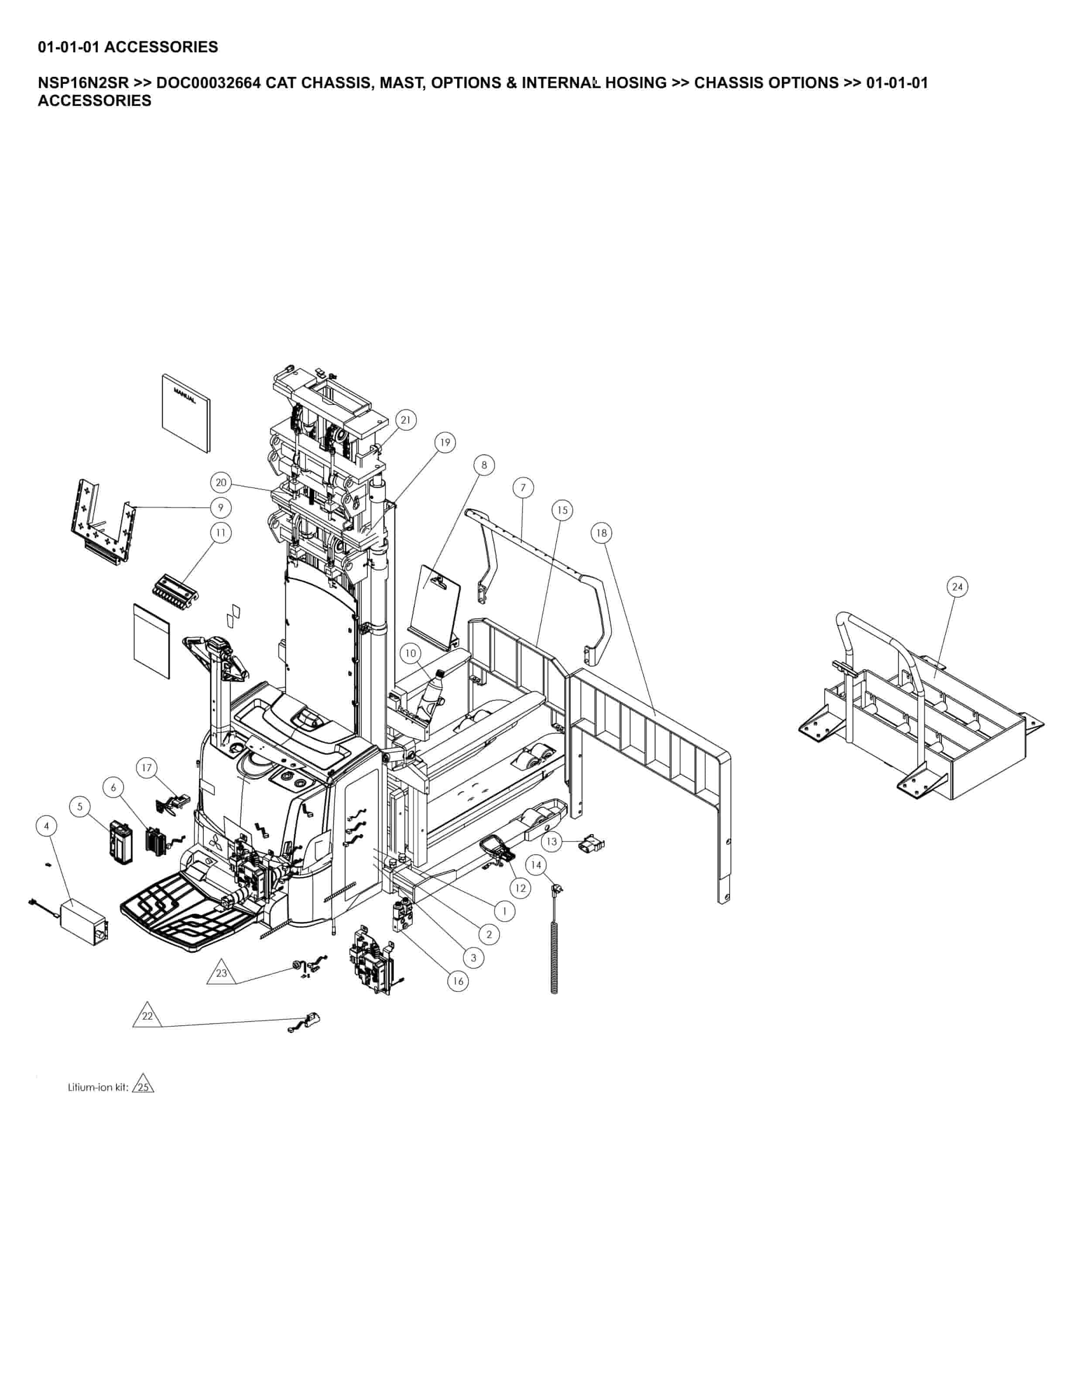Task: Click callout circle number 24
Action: click(957, 587)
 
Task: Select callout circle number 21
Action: click(406, 420)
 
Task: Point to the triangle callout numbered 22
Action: click(147, 1016)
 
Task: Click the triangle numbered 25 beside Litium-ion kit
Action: click(144, 1087)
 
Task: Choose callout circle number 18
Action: click(601, 533)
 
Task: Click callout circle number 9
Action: click(220, 507)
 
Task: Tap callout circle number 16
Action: click(458, 982)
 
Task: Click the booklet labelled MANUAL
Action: click(185, 413)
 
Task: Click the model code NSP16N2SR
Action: click(83, 83)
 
